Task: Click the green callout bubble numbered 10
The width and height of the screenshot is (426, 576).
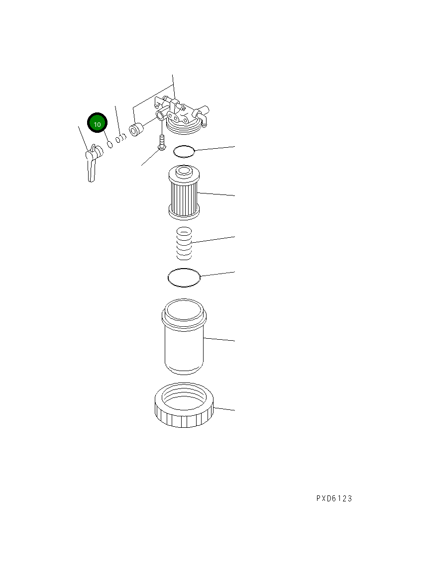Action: coord(98,124)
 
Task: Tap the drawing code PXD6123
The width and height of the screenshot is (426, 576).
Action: coord(333,498)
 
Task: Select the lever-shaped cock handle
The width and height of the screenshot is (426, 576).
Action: coord(91,165)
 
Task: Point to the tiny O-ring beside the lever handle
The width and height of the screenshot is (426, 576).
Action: coord(109,144)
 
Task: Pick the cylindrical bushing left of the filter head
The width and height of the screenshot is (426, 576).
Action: coord(135,129)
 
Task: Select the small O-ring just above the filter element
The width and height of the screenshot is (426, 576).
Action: coord(184,151)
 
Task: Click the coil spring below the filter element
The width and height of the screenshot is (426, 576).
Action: coord(185,243)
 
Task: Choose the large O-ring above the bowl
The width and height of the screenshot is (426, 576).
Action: coord(184,277)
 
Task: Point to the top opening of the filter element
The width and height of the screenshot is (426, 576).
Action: coord(184,172)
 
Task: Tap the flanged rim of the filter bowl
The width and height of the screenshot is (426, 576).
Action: coord(184,314)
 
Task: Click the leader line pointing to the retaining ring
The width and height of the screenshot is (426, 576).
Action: coord(224,409)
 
